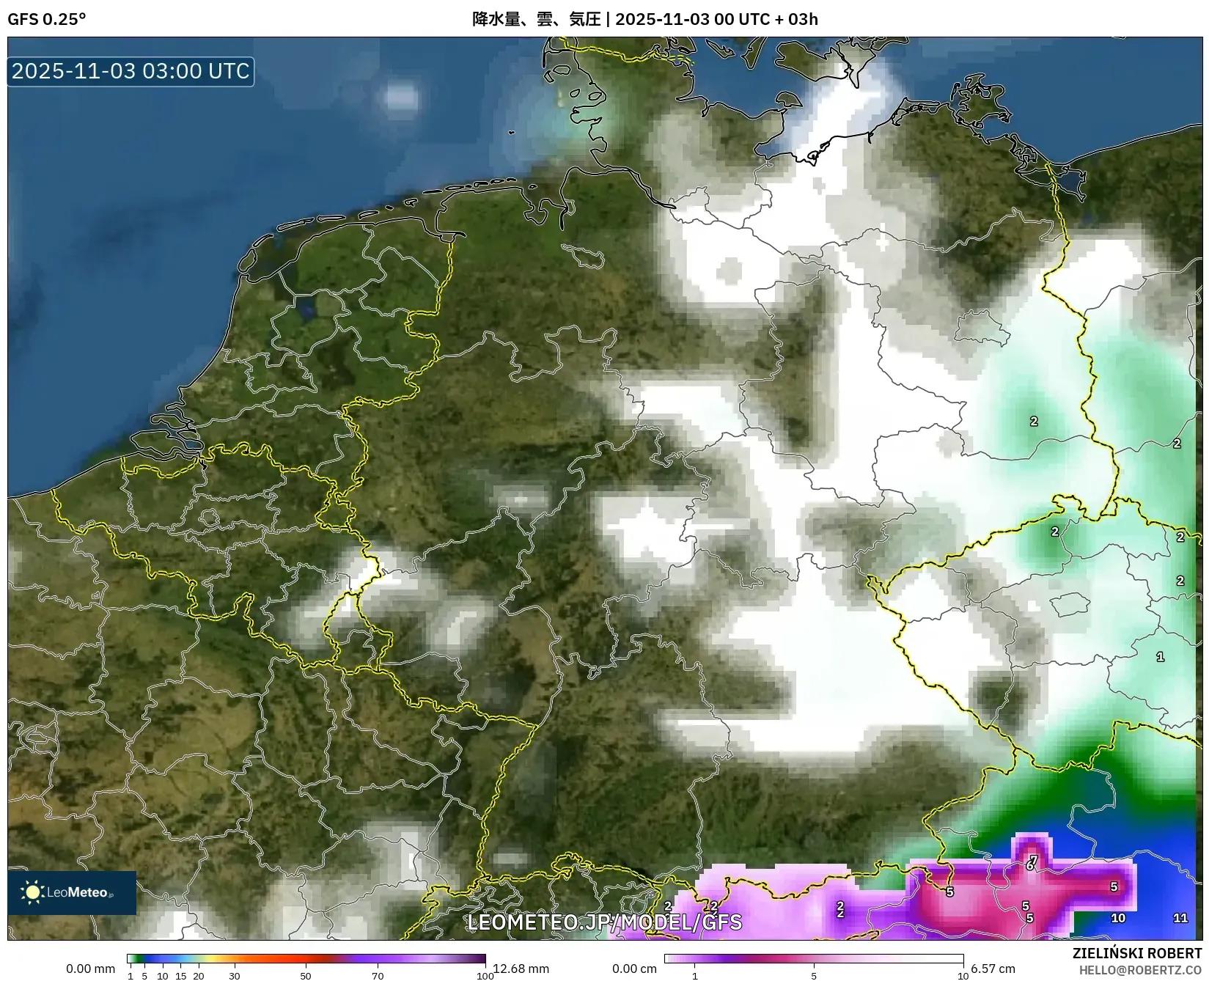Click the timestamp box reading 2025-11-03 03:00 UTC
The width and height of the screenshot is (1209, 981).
[131, 71]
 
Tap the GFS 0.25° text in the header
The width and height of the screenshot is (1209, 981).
[46, 19]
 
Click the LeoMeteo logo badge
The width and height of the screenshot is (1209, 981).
[72, 892]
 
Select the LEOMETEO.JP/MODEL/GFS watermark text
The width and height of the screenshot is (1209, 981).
[604, 922]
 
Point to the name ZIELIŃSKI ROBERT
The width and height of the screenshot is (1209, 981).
[1136, 953]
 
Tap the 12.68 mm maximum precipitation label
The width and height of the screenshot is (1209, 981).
[521, 969]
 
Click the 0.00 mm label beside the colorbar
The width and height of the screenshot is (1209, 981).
[90, 969]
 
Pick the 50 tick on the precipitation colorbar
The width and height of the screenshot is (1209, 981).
[306, 976]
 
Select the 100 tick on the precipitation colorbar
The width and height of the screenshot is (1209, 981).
[485, 976]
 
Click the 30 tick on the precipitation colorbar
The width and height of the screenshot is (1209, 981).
[235, 976]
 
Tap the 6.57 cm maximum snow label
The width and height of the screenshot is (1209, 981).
[993, 969]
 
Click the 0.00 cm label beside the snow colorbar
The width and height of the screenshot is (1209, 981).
[634, 969]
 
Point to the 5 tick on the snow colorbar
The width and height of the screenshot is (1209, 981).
[814, 976]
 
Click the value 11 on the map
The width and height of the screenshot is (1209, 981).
[1180, 918]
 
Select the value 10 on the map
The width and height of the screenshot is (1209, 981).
[1118, 918]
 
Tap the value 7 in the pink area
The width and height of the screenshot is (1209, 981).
[1034, 859]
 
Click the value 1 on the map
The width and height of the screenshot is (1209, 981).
[1160, 657]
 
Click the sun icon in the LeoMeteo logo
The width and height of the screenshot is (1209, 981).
[32, 892]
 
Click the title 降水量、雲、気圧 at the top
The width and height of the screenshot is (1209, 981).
[536, 19]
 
